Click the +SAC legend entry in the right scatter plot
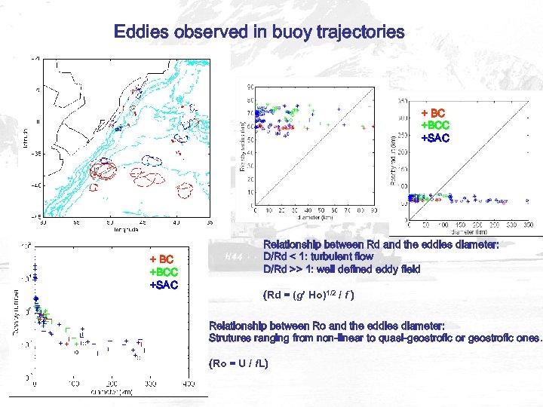coord(434,138)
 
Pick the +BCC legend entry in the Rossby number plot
coord(164,272)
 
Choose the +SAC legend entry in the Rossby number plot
coord(164,284)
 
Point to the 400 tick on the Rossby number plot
coord(186,384)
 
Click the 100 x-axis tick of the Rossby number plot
coord(73,384)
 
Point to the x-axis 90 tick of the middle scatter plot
coord(373,209)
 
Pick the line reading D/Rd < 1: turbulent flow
coord(318,257)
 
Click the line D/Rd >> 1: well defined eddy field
coord(342,269)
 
